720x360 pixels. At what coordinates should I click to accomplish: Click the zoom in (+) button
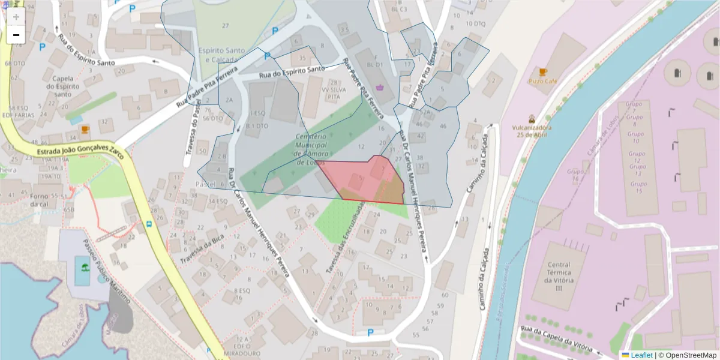(16, 17)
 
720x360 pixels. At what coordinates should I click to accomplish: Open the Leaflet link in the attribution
(641, 355)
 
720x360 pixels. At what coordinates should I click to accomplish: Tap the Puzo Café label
(542, 81)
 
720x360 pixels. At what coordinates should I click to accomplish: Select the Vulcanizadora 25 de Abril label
(532, 131)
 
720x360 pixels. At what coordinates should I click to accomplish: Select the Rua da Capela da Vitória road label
(557, 340)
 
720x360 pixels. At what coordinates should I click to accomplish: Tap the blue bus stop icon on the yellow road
(148, 225)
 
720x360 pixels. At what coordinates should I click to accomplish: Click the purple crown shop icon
(380, 88)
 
